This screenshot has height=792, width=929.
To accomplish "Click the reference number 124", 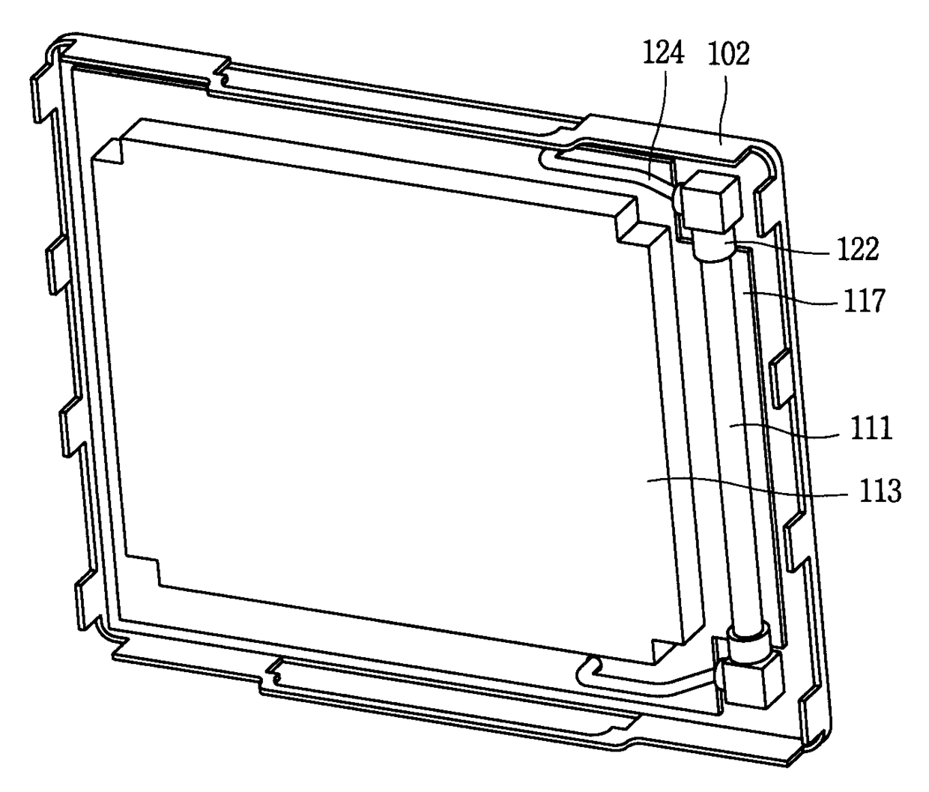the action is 663,54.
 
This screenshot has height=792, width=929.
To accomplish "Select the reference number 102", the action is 728,55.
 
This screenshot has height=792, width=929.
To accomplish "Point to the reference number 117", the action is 865,300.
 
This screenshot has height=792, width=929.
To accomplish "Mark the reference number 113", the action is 880,491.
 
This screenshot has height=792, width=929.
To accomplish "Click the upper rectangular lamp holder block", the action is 710,202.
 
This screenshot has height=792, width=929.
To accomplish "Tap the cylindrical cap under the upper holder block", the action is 714,245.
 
